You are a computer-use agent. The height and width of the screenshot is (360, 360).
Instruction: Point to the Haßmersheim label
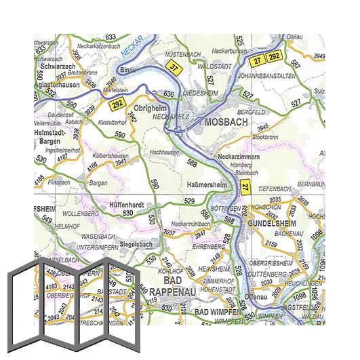[206, 184]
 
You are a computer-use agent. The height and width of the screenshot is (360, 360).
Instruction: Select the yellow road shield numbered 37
[174, 67]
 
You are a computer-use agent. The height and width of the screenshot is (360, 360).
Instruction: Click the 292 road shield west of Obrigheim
[117, 103]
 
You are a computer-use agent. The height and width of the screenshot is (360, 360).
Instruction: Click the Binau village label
[127, 70]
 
